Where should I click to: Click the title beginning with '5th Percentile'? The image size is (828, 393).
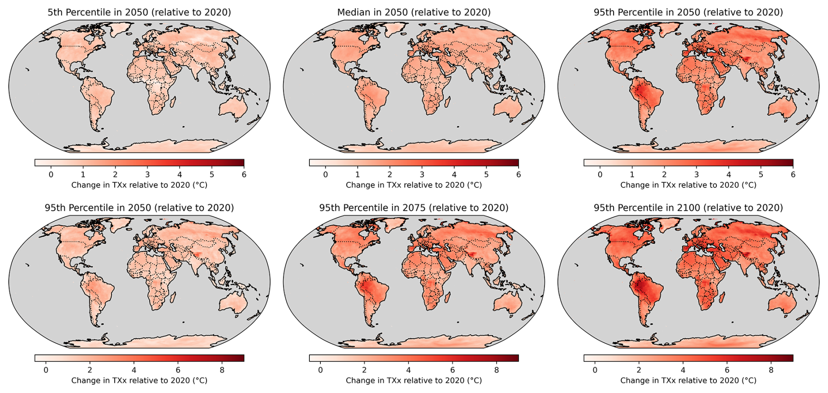pos(139,12)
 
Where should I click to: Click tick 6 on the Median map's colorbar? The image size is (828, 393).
pos(519,174)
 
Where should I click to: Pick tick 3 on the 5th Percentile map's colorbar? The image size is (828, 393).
pos(147,174)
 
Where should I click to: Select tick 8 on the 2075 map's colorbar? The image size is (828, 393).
pos(496,370)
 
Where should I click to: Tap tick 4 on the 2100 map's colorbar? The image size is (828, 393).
pos(683,370)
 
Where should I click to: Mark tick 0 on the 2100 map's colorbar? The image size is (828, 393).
pos(595,370)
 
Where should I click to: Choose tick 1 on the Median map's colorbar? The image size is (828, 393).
pos(358,174)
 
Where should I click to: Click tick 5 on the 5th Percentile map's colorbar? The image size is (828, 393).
pos(212,174)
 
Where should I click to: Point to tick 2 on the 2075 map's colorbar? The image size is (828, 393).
pos(364,370)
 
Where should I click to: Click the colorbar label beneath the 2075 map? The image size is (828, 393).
pos(414,380)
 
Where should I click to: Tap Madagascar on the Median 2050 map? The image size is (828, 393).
pos(447,103)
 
